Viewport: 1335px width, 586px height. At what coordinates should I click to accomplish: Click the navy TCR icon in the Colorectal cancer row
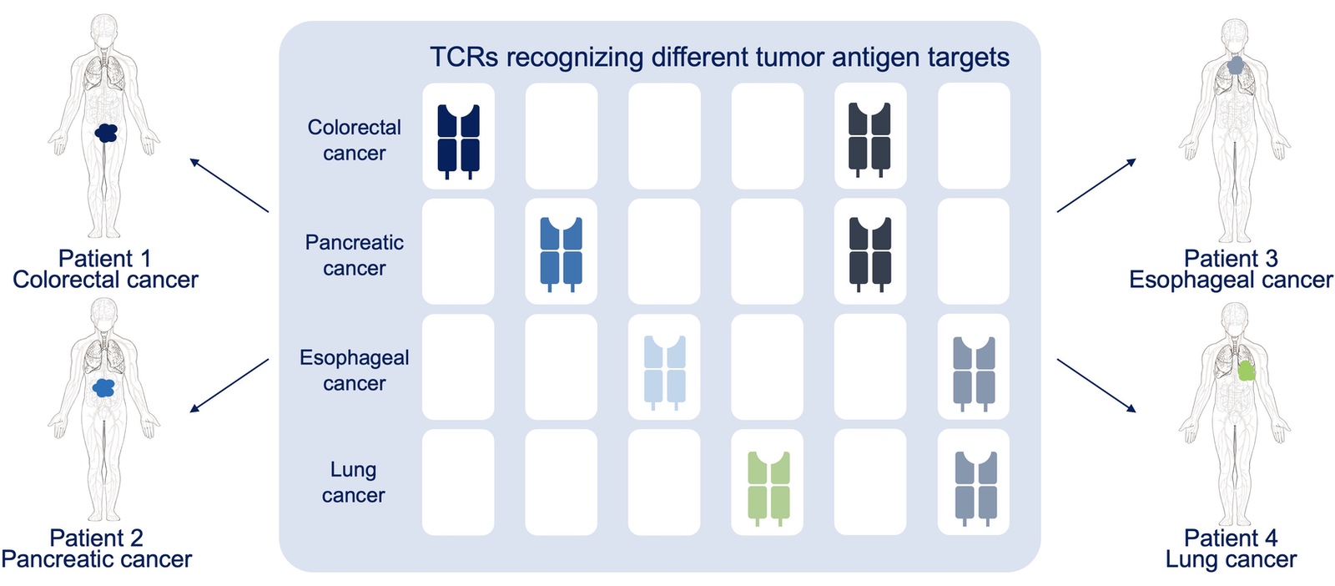(x=458, y=141)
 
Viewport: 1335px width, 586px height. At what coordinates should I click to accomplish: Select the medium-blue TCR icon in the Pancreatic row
(x=561, y=255)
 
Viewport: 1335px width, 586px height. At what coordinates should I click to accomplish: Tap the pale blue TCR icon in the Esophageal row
(x=664, y=372)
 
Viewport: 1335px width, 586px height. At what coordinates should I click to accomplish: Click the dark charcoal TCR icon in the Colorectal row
(x=869, y=140)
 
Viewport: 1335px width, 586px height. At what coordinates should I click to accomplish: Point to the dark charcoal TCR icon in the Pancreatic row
(x=870, y=255)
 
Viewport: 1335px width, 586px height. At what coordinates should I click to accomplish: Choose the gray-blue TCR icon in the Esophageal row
(x=974, y=374)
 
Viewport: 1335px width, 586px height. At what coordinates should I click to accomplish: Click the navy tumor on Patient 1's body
(x=106, y=133)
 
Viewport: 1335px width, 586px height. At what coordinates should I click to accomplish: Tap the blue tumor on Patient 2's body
(x=103, y=388)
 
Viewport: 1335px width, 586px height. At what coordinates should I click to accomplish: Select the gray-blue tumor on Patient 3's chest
(x=1235, y=65)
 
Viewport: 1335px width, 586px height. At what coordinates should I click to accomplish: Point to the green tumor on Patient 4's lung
(x=1247, y=371)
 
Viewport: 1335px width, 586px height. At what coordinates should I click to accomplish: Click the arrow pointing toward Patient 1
(x=229, y=184)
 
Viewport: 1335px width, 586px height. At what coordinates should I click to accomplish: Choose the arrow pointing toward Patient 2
(x=229, y=385)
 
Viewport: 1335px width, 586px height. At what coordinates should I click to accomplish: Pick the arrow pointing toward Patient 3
(x=1096, y=184)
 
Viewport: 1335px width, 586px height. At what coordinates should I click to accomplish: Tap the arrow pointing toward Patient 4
(x=1096, y=385)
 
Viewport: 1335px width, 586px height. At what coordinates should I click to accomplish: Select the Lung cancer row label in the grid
(x=354, y=482)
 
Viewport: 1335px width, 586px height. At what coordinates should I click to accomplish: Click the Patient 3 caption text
(x=1231, y=258)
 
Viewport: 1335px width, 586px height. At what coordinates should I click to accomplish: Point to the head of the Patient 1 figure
(x=103, y=29)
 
